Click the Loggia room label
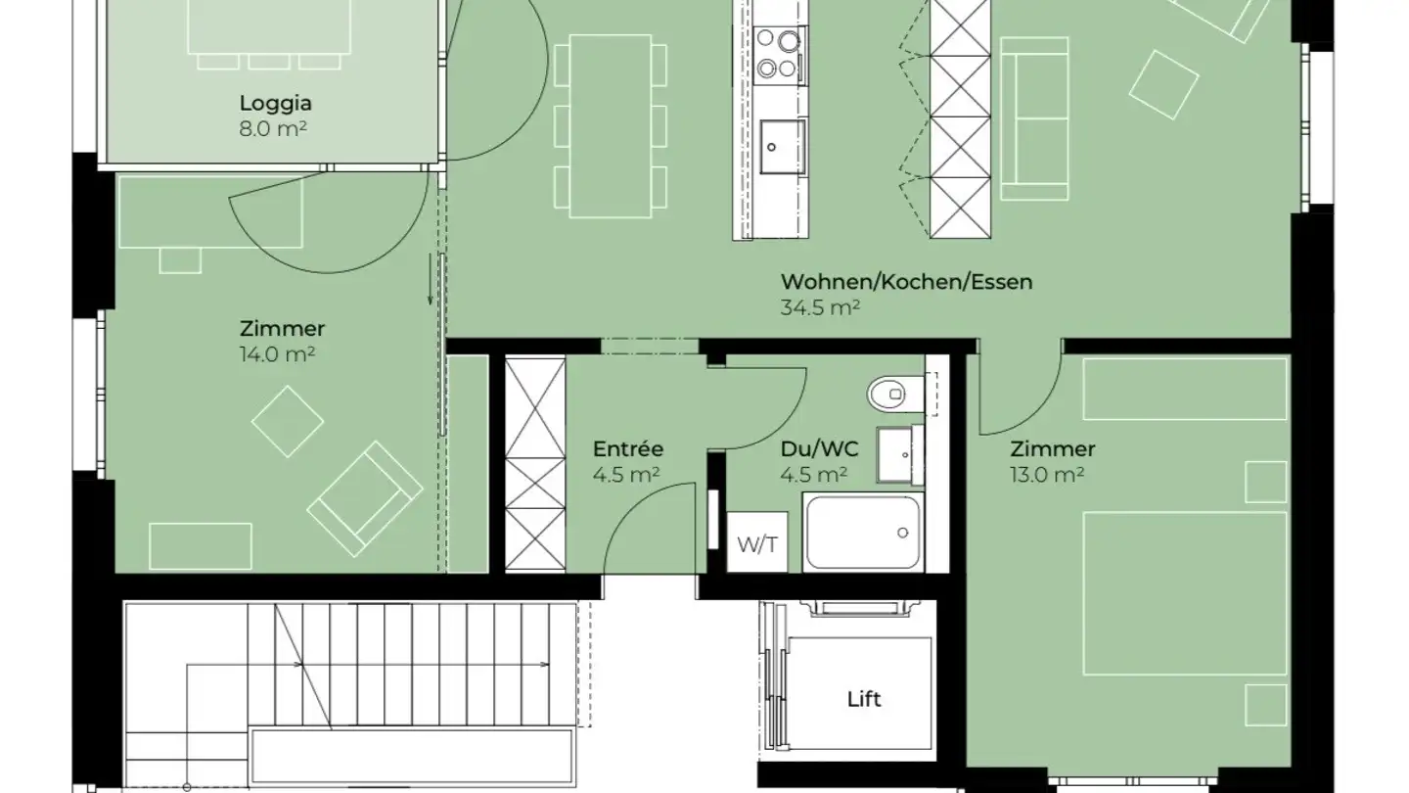pos(275,103)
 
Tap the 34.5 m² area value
pos(820,307)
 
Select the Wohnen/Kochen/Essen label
pos(906,282)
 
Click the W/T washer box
pos(757,542)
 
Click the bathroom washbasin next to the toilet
pos(899,455)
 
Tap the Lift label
pos(864,699)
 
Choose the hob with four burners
pos(779,54)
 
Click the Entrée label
pos(628,449)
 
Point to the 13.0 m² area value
pos(1046,475)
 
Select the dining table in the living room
pos(611,125)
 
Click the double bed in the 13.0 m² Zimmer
pos(1184,592)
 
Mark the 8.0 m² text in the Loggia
pos(275,127)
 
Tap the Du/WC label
pos(819,449)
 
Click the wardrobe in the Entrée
pos(535,463)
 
